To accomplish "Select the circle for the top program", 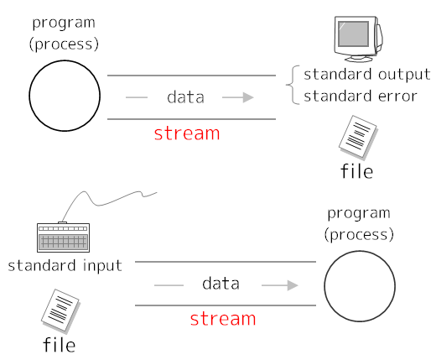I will tap(65, 95).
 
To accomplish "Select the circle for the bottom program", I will tap(359, 286).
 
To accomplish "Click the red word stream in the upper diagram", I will tap(187, 133).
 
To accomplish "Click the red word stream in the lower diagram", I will tap(222, 318).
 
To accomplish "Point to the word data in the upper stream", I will tap(185, 97).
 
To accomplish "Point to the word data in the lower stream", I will tap(221, 284).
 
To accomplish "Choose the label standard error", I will tap(360, 96).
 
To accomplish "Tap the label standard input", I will tap(65, 266).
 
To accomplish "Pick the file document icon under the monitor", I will tap(357, 138).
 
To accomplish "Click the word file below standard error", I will tap(356, 172).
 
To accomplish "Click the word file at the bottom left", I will tap(59, 344).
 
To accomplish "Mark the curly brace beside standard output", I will tap(293, 85).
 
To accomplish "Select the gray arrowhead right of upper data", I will tap(248, 97).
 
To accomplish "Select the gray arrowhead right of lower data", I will tap(292, 285).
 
